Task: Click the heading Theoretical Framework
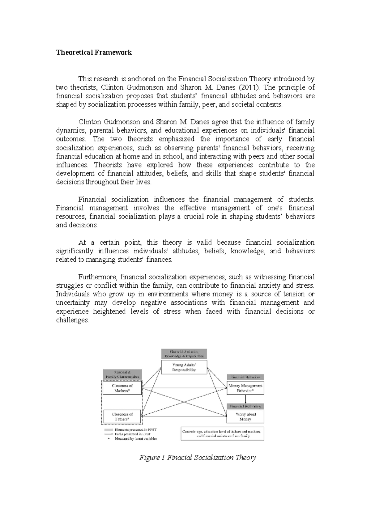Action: click(94, 53)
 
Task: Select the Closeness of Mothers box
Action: click(122, 388)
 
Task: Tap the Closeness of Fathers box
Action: click(122, 416)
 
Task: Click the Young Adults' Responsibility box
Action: click(184, 367)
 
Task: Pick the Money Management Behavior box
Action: click(245, 388)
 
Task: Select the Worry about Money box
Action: click(245, 416)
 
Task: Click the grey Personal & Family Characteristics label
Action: click(122, 375)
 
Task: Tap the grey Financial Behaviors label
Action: click(245, 377)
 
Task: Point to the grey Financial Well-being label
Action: click(245, 406)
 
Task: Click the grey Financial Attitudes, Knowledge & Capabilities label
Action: click(184, 354)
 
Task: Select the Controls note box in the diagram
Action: click(222, 433)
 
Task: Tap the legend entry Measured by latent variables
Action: click(136, 438)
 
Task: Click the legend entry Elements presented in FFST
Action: click(136, 429)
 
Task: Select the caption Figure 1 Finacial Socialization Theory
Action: click(198, 458)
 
